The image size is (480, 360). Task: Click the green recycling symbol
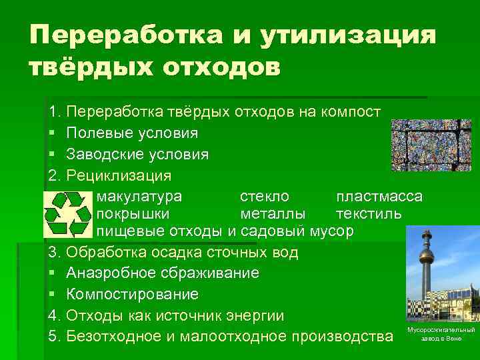click(67, 214)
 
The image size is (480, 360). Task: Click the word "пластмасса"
click(379, 197)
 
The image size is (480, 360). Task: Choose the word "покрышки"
click(133, 214)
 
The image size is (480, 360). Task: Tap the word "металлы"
click(273, 214)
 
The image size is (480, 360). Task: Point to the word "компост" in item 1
click(355, 111)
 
